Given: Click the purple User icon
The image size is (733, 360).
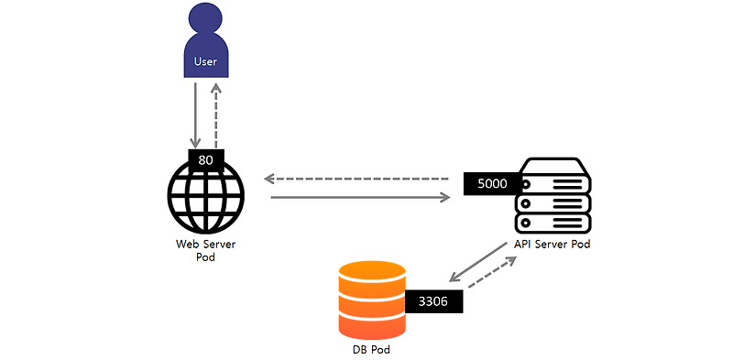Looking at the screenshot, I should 206,46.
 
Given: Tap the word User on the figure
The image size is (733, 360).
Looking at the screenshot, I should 206,62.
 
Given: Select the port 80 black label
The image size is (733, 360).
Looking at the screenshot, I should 206,158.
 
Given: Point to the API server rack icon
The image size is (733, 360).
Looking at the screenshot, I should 552,196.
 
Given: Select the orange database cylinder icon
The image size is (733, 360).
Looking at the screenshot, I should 371,300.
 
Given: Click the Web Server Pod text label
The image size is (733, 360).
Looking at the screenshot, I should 206,250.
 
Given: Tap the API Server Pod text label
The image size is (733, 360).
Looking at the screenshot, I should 551,245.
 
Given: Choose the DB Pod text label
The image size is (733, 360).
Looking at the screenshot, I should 371,350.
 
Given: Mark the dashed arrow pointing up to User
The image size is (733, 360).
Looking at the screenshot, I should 216,115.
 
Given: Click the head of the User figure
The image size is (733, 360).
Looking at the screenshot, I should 206,20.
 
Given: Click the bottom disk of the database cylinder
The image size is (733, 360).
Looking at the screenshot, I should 371,323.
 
